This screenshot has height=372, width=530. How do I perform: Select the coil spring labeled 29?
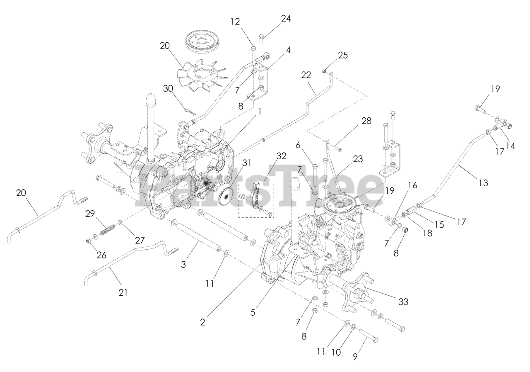(107, 229)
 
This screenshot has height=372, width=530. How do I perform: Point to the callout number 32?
(281, 156)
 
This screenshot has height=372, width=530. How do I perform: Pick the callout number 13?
(482, 182)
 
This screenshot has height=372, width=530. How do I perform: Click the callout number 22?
(318, 75)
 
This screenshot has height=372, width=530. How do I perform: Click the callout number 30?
(168, 88)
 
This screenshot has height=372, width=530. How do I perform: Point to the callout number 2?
(203, 321)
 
